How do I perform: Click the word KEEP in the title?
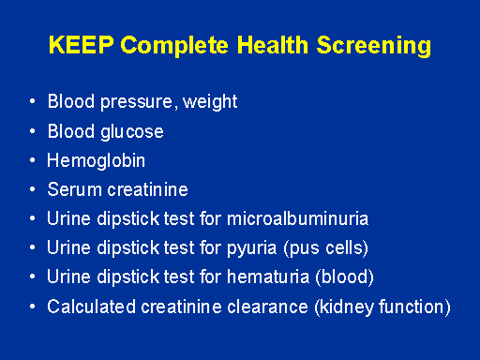pos(82,45)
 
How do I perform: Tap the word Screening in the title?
pos(374,46)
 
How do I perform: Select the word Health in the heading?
pos(273,45)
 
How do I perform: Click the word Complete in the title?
pos(174,46)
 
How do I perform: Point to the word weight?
pos(210,102)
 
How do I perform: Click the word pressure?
pos(136,103)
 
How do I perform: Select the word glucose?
pos(132,132)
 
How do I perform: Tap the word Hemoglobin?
pos(97,161)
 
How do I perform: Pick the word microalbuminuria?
pos(298,218)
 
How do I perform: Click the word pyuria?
pos(252,248)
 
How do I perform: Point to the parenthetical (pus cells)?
pos(326,248)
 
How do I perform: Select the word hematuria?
pos(268,277)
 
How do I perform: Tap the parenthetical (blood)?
pos(345,277)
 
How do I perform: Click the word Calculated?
pos(91,307)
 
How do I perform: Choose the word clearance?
pos(267,307)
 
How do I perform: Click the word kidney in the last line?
pos(347,307)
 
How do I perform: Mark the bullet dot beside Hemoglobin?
pos(33,160)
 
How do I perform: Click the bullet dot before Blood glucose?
pos(33,131)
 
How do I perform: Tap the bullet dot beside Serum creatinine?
pos(33,189)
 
